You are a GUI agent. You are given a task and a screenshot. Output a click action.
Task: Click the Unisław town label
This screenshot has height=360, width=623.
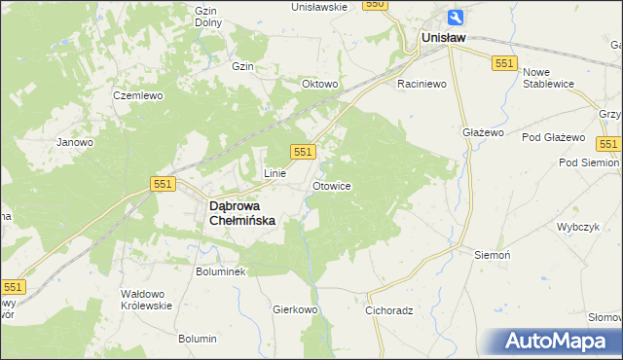443,38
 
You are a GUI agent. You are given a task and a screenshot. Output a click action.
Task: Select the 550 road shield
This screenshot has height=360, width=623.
376,5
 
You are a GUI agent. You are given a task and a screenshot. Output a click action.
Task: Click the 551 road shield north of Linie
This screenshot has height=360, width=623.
303,151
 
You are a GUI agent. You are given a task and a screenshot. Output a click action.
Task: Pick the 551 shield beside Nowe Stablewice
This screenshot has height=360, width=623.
503,62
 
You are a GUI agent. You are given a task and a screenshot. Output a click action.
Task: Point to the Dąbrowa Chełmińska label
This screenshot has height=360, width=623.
243,213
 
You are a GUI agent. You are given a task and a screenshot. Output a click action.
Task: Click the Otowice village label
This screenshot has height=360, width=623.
331,185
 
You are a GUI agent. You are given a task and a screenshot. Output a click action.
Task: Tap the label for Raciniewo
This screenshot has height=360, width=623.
421,85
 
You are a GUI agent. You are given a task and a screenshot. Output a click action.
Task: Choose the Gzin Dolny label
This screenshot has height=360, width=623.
205,17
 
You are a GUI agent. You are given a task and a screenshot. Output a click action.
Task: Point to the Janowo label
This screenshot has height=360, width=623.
75,142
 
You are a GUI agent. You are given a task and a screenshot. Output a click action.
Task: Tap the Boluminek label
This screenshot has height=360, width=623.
227,271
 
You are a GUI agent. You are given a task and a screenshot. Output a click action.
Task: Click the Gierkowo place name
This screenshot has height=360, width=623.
296,310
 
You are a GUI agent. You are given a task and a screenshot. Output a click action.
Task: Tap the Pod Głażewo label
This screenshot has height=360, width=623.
553,137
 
